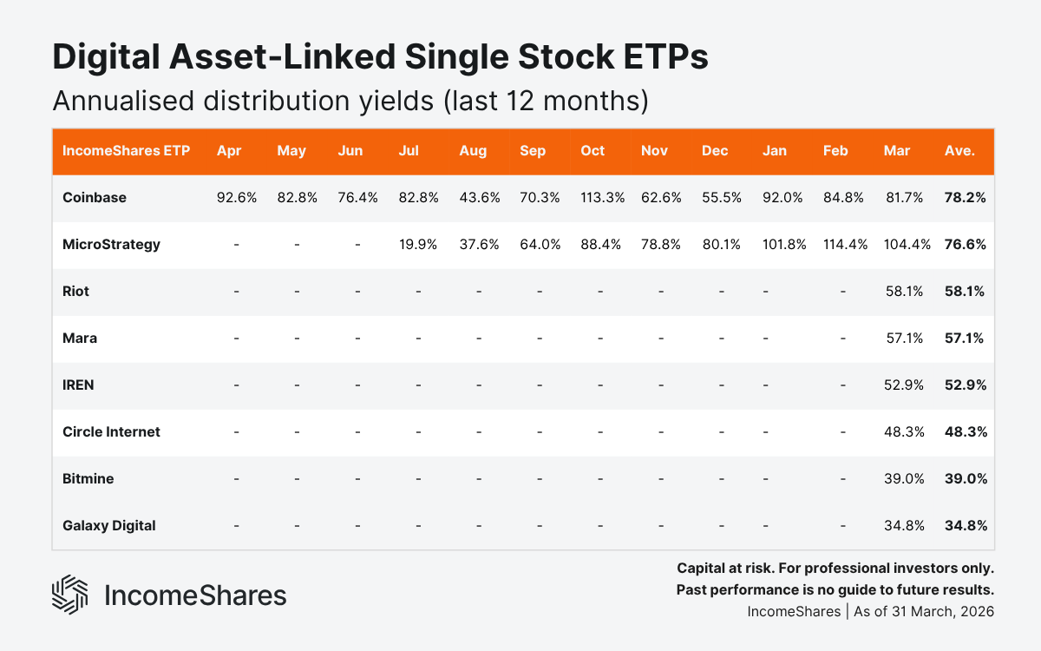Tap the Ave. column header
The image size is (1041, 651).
[959, 151]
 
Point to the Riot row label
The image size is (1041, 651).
[75, 292]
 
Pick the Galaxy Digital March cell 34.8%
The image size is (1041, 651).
[904, 526]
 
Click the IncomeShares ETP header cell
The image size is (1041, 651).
[126, 151]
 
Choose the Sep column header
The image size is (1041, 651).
[533, 151]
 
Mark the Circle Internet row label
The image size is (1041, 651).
[111, 432]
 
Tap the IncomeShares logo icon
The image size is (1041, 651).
[70, 595]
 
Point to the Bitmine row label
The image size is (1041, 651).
[88, 479]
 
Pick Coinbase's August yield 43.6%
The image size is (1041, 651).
[479, 198]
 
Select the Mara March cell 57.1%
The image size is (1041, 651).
[904, 339]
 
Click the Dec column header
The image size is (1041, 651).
[715, 151]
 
